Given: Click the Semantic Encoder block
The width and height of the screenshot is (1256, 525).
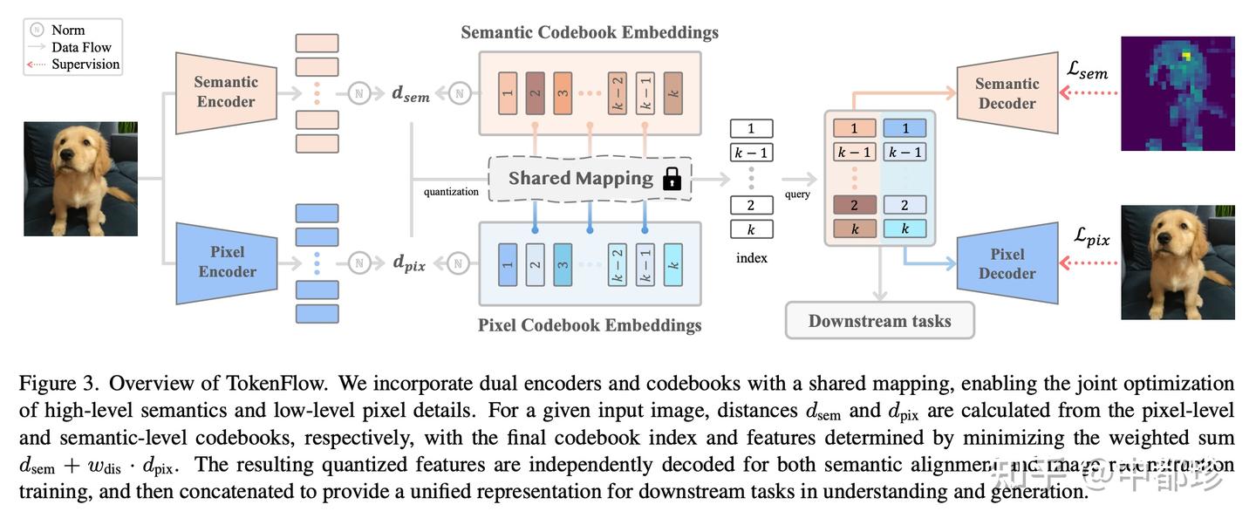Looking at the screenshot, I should point(225,92).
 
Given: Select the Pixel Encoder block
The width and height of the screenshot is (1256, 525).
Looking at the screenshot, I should point(227,262).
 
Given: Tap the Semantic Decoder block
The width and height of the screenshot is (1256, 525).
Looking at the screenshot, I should point(1007,93).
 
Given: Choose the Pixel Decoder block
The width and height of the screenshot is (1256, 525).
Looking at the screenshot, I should point(1007,263).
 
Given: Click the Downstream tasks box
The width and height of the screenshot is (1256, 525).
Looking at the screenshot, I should point(879,321).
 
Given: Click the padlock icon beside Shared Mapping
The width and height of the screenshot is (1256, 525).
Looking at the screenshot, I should point(672,180).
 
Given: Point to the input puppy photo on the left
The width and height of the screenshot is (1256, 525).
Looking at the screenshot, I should point(80,179).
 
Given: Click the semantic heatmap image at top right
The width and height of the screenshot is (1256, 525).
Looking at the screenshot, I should point(1177,93).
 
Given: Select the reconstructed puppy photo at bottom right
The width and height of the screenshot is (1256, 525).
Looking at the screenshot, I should point(1177,262).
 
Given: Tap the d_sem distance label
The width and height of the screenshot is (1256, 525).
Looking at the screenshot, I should point(411,93).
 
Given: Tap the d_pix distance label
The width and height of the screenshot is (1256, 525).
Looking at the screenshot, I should point(409,262).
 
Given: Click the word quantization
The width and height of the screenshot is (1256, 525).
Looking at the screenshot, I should point(451,192).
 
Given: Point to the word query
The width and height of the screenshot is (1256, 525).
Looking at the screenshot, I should point(797,194).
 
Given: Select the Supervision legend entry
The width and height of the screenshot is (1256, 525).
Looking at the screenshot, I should point(85,64).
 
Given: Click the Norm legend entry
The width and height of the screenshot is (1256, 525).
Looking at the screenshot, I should point(68,31).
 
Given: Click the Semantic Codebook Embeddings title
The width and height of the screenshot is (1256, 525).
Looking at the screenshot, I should point(590,32).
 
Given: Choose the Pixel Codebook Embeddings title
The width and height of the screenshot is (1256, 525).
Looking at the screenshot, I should point(590,325).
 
